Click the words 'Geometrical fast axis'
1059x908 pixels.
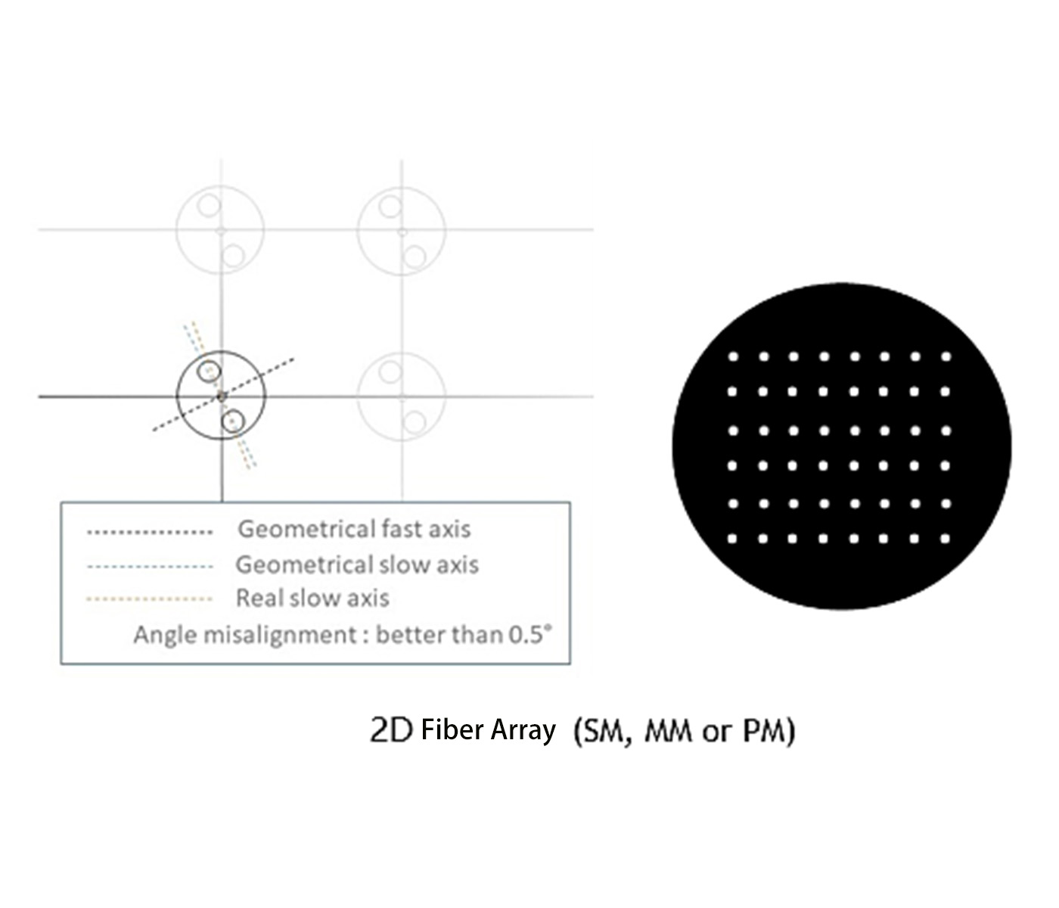pyautogui.click(x=354, y=529)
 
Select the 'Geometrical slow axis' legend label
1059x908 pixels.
pyautogui.click(x=357, y=564)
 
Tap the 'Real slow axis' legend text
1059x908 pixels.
pyautogui.click(x=312, y=598)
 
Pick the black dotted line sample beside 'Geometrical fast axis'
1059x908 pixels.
pyautogui.click(x=150, y=532)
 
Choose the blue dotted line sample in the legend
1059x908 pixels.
pyautogui.click(x=150, y=566)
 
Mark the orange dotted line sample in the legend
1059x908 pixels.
pyautogui.click(x=150, y=599)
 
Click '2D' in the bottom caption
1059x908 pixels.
pyautogui.click(x=390, y=730)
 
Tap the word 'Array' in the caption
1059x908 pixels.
pyautogui.click(x=523, y=730)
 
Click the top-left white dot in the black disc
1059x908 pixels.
pyautogui.click(x=732, y=356)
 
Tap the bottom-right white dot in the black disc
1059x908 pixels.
pyautogui.click(x=945, y=539)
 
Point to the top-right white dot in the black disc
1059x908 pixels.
pyautogui.click(x=946, y=356)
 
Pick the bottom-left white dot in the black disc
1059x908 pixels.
pyautogui.click(x=731, y=539)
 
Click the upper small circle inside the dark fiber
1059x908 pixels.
pyautogui.click(x=209, y=372)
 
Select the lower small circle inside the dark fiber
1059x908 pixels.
pyautogui.click(x=233, y=420)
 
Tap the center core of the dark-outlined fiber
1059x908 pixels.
pyautogui.click(x=221, y=396)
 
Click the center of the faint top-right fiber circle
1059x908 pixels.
pyautogui.click(x=402, y=229)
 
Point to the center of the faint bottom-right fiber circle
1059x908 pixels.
pyautogui.click(x=402, y=396)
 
